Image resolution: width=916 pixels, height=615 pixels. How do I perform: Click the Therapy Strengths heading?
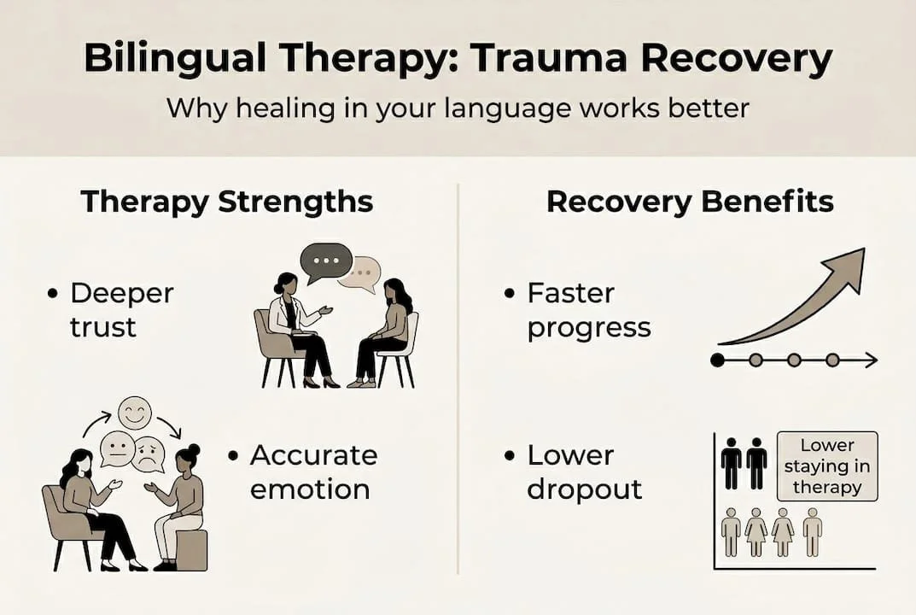coord(226,202)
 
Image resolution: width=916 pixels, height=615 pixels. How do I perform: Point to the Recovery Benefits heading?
coord(690,202)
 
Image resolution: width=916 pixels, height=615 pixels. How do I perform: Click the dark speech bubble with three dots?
coord(325,261)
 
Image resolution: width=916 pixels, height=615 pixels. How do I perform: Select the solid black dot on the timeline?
coord(717,360)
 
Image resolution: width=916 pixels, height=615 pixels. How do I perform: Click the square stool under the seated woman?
coord(190,549)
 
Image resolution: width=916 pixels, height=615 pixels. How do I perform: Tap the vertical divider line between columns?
coord(458,376)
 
